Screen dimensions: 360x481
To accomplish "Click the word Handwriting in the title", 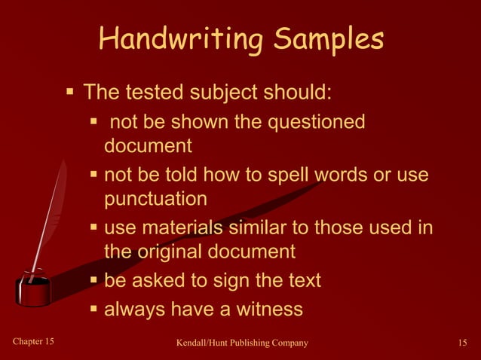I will (x=181, y=39).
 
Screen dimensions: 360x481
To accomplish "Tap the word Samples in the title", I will (x=329, y=39).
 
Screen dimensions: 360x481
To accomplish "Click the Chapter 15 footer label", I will (x=34, y=343).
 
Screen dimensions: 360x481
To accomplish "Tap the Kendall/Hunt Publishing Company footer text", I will (x=242, y=343).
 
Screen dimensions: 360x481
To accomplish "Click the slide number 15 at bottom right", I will (x=463, y=343).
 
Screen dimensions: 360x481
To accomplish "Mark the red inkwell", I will (x=34, y=289).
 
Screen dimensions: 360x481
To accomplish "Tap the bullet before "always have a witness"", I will (x=94, y=309).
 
